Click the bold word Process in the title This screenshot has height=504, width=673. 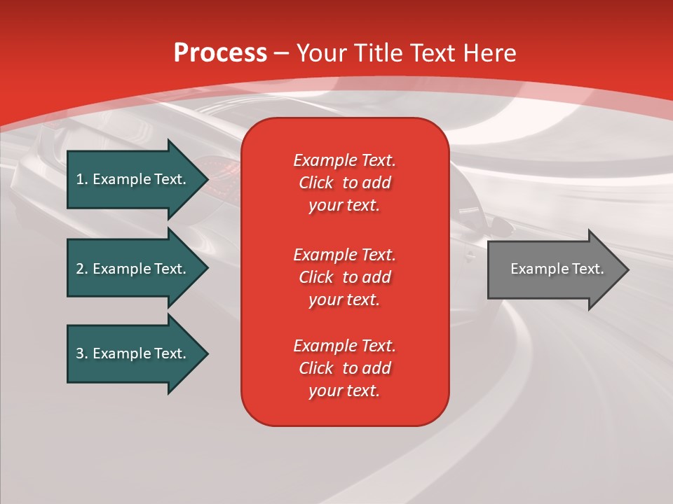click(220, 53)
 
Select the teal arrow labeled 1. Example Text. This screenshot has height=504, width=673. click(133, 179)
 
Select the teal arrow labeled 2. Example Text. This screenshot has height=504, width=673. click(133, 269)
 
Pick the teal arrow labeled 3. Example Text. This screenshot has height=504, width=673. click(133, 353)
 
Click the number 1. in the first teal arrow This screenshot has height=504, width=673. click(82, 179)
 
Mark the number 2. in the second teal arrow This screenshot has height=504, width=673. click(82, 269)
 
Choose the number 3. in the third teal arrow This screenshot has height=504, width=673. click(82, 353)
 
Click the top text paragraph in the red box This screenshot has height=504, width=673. click(344, 183)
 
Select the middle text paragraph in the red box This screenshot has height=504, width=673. click(344, 277)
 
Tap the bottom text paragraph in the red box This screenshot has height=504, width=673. click(344, 368)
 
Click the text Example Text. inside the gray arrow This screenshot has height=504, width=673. click(557, 269)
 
